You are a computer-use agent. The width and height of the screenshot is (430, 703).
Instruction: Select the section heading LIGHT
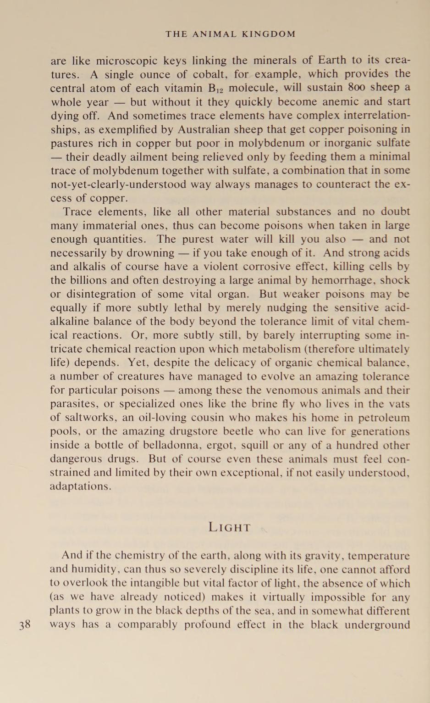230,527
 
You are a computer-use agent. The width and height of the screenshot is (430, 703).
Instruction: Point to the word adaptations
80,487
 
